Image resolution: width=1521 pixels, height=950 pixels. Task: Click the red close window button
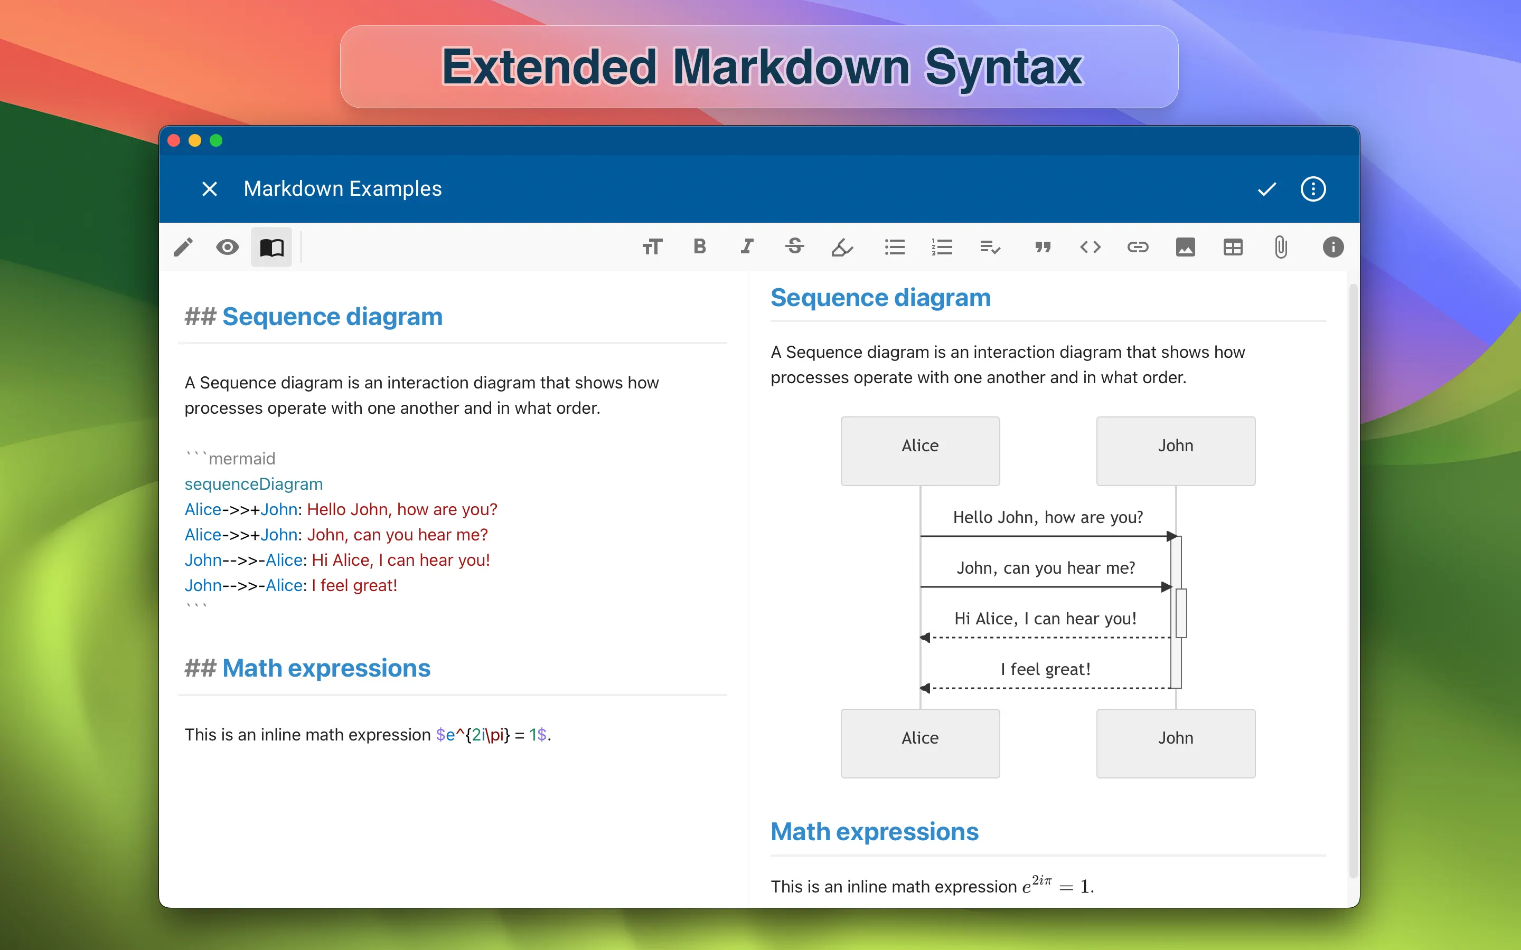[174, 141]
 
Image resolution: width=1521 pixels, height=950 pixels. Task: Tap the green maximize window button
[216, 141]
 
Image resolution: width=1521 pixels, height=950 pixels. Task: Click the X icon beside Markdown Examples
[210, 189]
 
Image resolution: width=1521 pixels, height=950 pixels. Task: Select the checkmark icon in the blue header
[1266, 189]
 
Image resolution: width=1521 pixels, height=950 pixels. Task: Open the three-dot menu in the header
[1313, 189]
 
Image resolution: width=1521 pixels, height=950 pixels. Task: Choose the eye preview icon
[228, 248]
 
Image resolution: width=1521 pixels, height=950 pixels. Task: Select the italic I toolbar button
[747, 246]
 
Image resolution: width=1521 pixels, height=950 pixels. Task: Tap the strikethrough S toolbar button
[794, 246]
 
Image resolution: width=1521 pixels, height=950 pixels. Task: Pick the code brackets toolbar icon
[1091, 248]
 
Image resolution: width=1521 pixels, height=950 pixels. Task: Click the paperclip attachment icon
[1281, 248]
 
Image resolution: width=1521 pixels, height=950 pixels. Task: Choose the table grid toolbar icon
[1233, 248]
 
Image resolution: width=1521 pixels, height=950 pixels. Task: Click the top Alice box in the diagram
[920, 451]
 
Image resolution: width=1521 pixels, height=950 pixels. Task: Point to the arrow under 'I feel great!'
[1046, 688]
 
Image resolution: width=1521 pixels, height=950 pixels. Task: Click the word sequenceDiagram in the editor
[254, 484]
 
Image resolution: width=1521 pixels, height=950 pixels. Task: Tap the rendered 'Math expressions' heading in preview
[875, 832]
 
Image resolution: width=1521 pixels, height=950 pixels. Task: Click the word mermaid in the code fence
[242, 459]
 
